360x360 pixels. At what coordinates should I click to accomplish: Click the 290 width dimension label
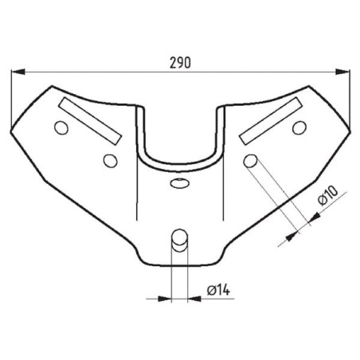(180, 63)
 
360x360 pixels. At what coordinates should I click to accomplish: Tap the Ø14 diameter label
(218, 290)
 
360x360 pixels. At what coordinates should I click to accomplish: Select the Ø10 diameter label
(328, 195)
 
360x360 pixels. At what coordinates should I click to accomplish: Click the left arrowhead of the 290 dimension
(18, 72)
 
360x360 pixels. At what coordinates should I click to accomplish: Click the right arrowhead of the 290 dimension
(342, 72)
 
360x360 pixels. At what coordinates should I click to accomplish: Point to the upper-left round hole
(61, 127)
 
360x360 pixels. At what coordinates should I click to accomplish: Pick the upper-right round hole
(299, 127)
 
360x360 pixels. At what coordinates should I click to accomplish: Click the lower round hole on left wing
(111, 161)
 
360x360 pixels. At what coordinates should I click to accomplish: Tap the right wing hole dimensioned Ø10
(250, 161)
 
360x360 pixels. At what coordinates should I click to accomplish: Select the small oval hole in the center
(180, 183)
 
